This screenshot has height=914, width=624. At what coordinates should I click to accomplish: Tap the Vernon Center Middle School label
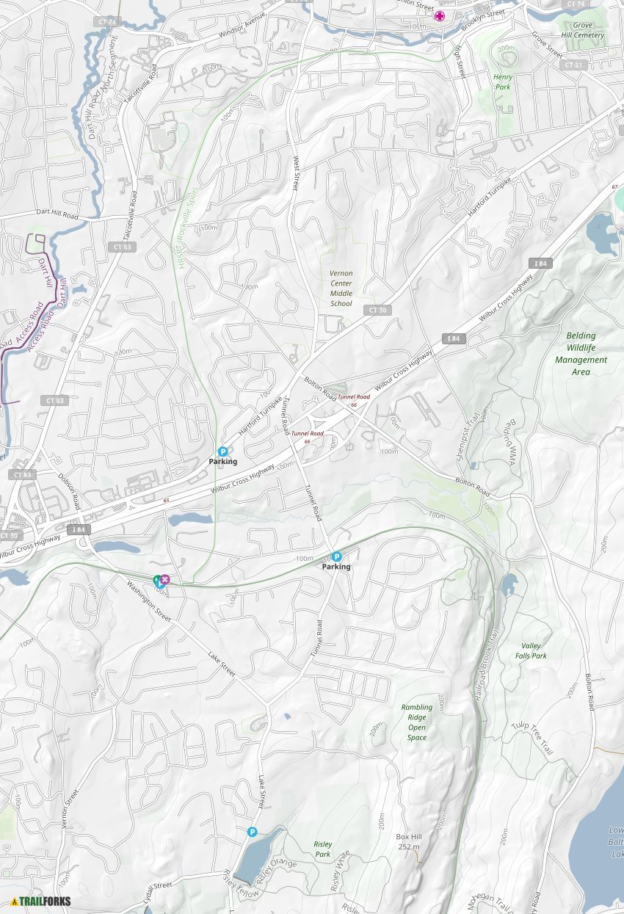point(341,289)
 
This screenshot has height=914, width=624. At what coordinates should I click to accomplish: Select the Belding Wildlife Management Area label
point(581,354)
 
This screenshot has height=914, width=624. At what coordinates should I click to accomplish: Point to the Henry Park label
point(502,81)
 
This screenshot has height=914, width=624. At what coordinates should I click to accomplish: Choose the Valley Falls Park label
point(531,650)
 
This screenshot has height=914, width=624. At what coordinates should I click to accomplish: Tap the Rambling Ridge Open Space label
point(416,722)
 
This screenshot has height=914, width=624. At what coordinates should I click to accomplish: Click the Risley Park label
point(322,849)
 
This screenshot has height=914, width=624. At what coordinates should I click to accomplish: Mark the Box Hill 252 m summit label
point(409,841)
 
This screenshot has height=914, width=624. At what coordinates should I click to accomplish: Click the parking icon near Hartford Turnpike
point(223,451)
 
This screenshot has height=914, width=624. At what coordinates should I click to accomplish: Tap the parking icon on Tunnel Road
point(337,556)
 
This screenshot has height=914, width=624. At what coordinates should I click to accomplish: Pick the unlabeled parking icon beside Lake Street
point(252,832)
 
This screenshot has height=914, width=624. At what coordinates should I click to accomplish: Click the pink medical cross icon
point(440,15)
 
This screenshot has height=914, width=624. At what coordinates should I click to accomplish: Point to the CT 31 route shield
point(574,65)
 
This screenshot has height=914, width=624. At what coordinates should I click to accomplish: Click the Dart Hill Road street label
point(56,214)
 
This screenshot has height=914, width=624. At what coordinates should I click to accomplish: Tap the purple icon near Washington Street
point(166,580)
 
